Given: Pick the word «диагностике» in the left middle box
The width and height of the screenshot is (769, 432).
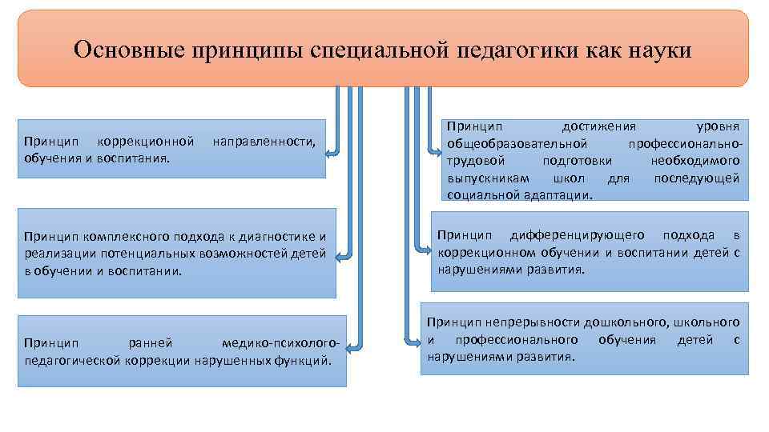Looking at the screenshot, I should click(275, 236).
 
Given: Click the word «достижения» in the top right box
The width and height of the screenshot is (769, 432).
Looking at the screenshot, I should click(598, 126).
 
